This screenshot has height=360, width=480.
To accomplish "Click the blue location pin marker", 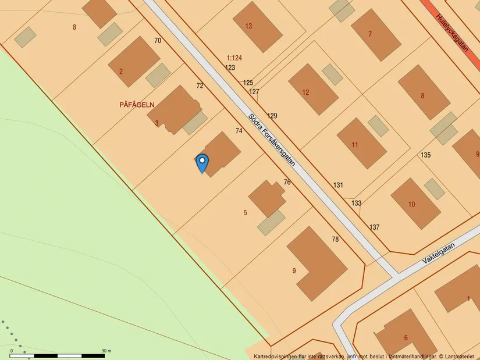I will [x=202, y=162].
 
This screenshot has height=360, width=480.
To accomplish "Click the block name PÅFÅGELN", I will [x=137, y=105].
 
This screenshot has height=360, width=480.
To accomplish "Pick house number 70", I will [x=158, y=41].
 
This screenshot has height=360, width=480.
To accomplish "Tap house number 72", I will [x=200, y=86].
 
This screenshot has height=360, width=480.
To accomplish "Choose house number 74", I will [x=239, y=131].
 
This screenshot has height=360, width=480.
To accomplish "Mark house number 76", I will [x=287, y=183].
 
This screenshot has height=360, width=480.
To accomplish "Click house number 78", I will [x=335, y=240].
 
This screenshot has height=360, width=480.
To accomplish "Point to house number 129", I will [x=272, y=116].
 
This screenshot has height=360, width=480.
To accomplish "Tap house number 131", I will [x=338, y=185].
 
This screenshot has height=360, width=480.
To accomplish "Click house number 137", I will [x=374, y=227].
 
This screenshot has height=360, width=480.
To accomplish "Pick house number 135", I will [x=425, y=155].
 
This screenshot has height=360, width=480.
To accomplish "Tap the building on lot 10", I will [x=415, y=204].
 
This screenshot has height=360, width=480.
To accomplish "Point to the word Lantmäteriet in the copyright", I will [x=461, y=356].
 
